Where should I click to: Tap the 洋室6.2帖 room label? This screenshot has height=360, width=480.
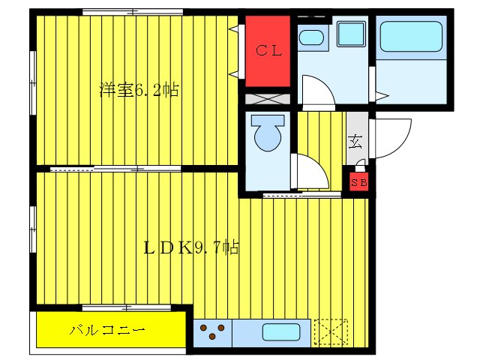(139, 91)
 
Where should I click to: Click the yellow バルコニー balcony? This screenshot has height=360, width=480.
(109, 330)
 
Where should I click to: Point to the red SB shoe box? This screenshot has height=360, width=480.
(358, 181)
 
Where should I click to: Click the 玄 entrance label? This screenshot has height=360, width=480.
(355, 139)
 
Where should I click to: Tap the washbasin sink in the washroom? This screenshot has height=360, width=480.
(312, 38)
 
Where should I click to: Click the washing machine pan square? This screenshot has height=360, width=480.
(350, 35)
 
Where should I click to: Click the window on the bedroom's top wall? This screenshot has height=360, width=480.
(133, 11)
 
